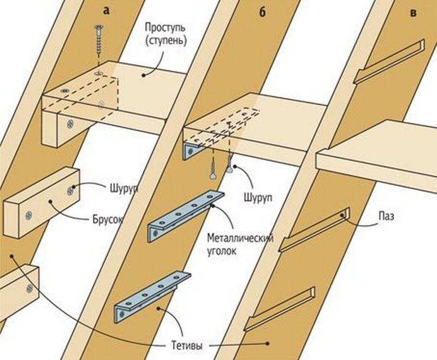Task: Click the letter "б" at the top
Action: pyautogui.click(x=262, y=13)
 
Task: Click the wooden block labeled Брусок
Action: pyautogui.click(x=41, y=202)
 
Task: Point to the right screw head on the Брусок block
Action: pyautogui.click(x=70, y=190)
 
